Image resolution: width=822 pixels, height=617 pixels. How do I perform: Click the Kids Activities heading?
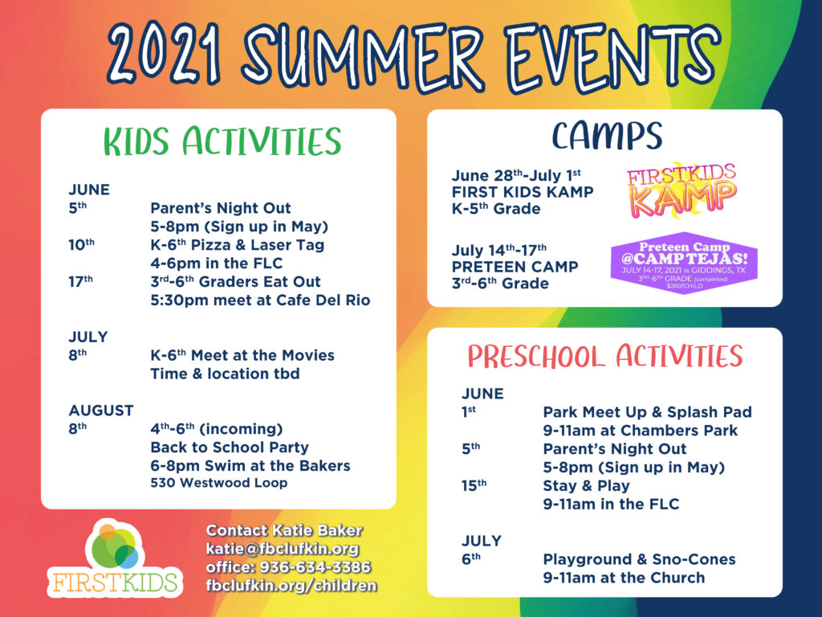pyautogui.click(x=222, y=141)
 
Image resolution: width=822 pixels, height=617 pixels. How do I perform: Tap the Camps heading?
pyautogui.click(x=607, y=136)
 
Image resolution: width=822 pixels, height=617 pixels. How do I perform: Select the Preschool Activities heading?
pyautogui.click(x=605, y=356)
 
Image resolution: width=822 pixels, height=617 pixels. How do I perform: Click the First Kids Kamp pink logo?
pyautogui.click(x=682, y=190)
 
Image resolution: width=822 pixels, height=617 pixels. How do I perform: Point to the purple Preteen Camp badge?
pyautogui.click(x=684, y=263)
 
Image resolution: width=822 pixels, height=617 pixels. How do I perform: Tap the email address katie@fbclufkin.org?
pyautogui.click(x=283, y=549)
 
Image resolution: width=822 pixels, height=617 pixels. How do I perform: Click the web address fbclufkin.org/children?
pyautogui.click(x=291, y=586)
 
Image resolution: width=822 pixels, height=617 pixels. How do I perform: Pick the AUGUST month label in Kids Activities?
pyautogui.click(x=101, y=411)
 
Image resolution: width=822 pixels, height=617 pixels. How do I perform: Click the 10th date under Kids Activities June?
pyautogui.click(x=81, y=244)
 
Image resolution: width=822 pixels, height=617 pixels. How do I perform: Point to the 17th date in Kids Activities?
pyautogui.click(x=80, y=281)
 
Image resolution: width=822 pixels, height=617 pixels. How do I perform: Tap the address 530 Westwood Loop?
pyautogui.click(x=219, y=483)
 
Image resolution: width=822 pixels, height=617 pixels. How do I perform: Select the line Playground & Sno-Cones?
pyautogui.click(x=639, y=559)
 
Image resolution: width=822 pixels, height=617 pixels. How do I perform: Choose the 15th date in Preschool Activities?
pyautogui.click(x=474, y=485)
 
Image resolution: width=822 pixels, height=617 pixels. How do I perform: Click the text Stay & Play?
pyautogui.click(x=586, y=486)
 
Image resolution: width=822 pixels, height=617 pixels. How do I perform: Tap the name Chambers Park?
pyautogui.click(x=679, y=431)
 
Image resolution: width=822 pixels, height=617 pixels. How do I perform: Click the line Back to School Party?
pyautogui.click(x=230, y=447)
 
